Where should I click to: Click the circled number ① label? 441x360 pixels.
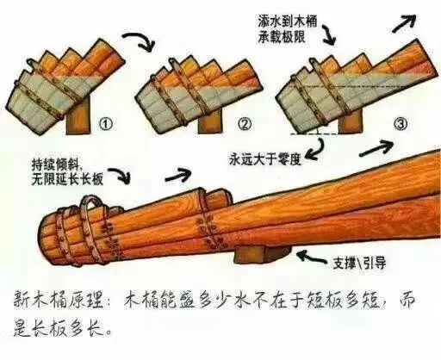coord(106,123)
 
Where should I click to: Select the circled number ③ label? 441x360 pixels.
coord(399,123)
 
